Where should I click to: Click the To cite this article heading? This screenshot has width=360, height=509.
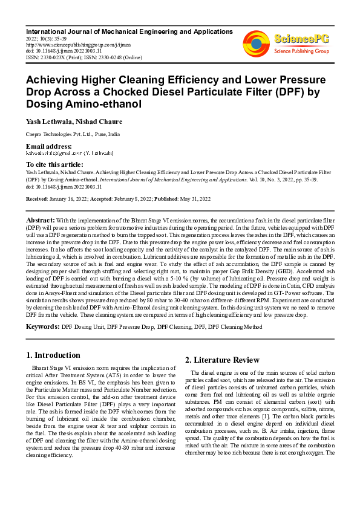[54, 164]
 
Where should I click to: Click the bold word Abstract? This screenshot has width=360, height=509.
[41, 219]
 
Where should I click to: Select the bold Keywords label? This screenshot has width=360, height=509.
[42, 326]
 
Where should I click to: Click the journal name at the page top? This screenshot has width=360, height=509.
[129, 31]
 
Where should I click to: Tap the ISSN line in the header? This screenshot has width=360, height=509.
[83, 57]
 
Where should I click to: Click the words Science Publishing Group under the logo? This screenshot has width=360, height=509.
[301, 51]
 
